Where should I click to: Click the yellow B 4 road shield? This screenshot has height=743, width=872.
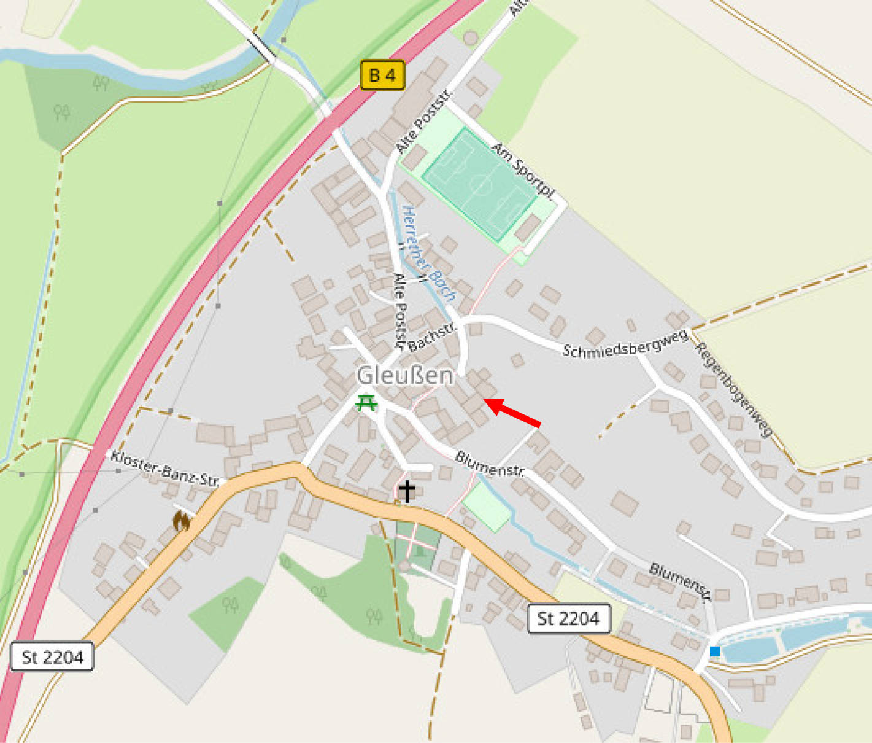pos(382,76)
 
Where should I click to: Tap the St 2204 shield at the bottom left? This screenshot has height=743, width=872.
pos(52,658)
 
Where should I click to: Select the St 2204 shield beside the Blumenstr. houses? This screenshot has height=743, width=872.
pos(568,618)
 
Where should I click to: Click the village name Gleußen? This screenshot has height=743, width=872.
pos(405,375)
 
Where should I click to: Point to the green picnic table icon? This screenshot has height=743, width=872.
pos(366,403)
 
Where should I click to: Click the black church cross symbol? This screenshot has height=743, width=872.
pos(407,491)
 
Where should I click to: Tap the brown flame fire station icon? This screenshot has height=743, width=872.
pos(181,521)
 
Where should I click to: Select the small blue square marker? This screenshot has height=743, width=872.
pos(714,651)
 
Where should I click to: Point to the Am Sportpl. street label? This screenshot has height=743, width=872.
pos(523,171)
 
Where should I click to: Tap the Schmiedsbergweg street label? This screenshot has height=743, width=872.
pos(625,344)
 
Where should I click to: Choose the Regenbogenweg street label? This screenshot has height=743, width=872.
pos(733,389)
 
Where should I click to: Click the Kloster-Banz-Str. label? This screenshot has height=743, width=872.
pos(164,469)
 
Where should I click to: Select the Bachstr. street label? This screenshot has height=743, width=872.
pos(432,337)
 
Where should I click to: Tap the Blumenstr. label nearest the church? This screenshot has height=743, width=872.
pos(490,464)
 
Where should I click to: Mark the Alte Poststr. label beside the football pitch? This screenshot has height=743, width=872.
pos(423,120)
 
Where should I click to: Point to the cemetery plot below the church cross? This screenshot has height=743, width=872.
pos(417,544)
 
